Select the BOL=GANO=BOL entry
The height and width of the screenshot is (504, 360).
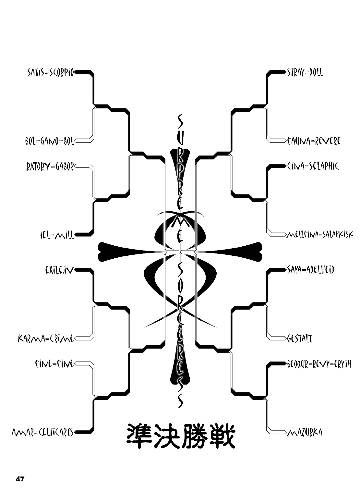pos(50,141)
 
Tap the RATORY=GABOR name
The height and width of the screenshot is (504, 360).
pos(50,167)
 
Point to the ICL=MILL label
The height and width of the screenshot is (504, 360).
pos(55,234)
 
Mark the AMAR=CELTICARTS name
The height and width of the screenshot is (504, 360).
pos(43,432)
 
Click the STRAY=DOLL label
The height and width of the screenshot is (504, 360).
pos(305,72)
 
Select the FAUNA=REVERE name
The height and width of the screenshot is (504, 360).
pos(314,141)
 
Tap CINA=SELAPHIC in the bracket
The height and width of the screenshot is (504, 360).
pos(313,166)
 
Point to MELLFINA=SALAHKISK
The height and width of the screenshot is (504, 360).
pos(320,234)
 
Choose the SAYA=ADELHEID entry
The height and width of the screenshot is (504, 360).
pos(311,270)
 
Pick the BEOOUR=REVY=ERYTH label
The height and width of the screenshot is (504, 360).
pos(319,364)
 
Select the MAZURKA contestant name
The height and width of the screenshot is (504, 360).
pos(305,433)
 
